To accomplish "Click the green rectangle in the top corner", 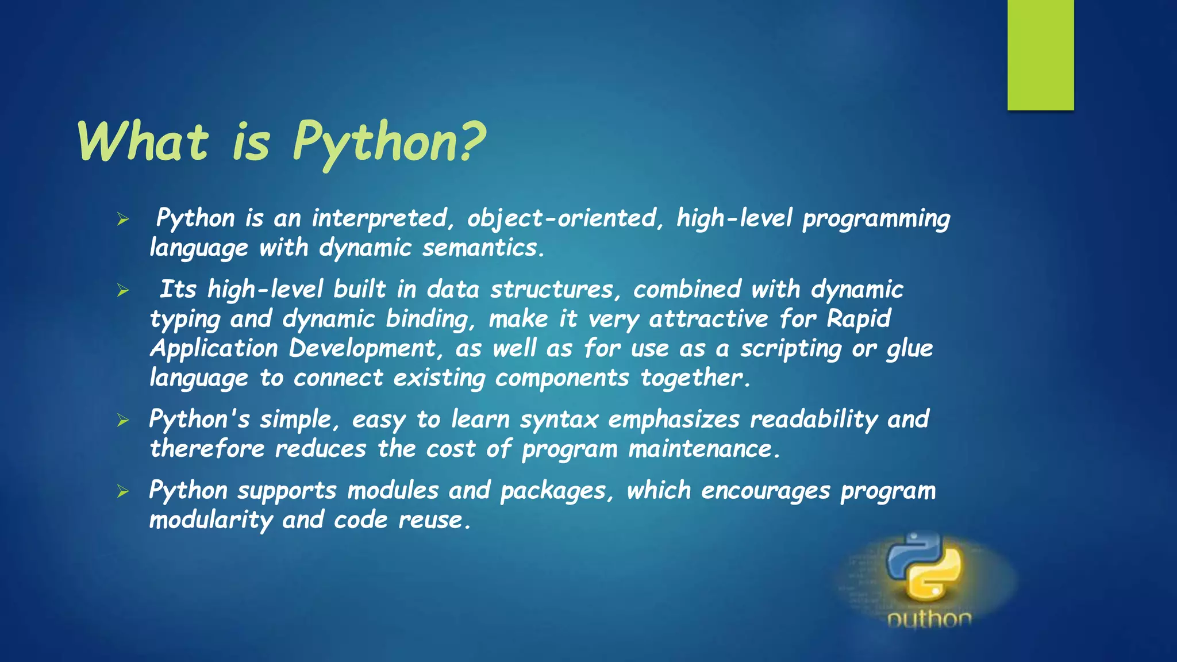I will (x=1040, y=55).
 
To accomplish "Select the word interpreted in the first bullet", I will (x=380, y=219).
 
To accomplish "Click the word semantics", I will (x=483, y=248).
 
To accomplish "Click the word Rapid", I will (x=859, y=319).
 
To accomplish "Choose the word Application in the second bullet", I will (x=214, y=349).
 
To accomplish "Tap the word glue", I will (x=909, y=349).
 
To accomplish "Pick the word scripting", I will (x=791, y=349).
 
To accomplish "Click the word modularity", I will (x=211, y=521).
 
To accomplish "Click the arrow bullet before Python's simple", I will (x=122, y=421).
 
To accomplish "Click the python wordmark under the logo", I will (x=929, y=619).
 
